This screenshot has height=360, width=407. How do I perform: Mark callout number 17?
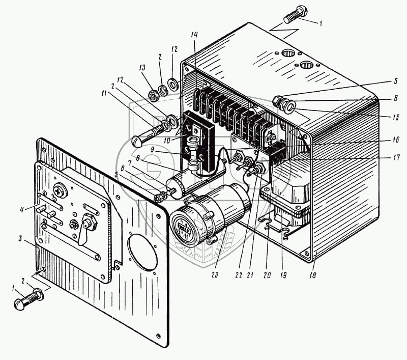pos(396,157)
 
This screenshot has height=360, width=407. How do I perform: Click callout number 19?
pos(283,275)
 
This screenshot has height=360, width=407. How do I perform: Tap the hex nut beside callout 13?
pos(152,94)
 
